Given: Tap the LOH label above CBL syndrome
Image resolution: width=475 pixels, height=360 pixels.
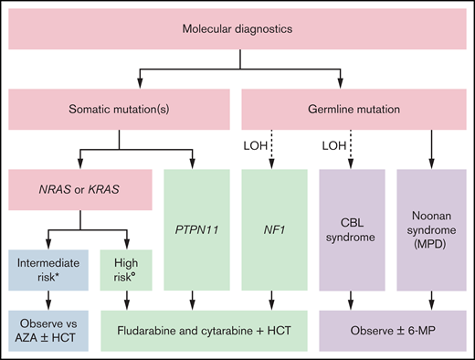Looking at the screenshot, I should tap(334, 144).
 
